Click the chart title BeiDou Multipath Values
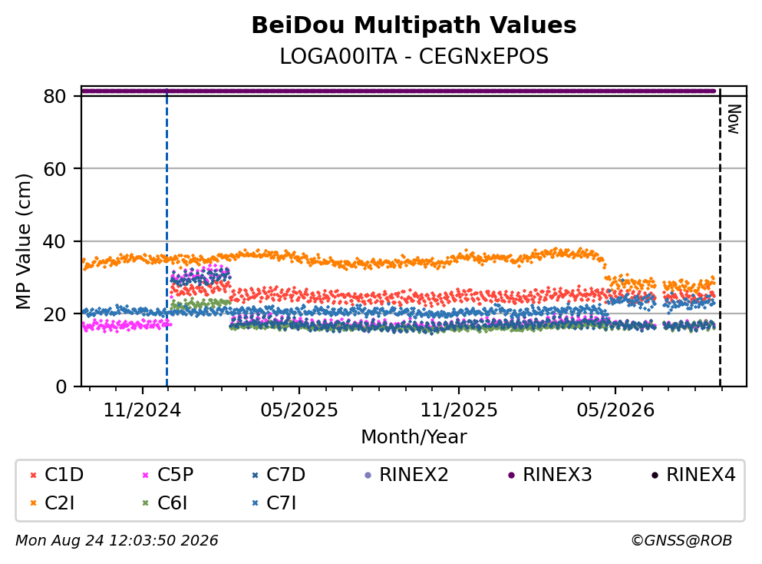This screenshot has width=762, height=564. click(414, 25)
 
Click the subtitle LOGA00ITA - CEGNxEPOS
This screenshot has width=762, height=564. click(414, 56)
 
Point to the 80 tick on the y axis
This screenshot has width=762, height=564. click(55, 96)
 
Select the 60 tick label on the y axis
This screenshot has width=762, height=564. click(55, 169)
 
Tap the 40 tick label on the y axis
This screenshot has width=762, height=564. click(55, 241)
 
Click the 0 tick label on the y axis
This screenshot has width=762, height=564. click(61, 387)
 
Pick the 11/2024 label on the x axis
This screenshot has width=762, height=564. click(142, 410)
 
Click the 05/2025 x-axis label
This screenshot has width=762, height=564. click(299, 410)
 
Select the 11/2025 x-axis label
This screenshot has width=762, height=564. click(459, 410)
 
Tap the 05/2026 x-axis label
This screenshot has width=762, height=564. click(615, 410)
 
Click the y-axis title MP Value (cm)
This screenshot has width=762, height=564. click(23, 241)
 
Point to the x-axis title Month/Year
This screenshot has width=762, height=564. click(414, 436)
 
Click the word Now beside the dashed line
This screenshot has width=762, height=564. click(734, 119)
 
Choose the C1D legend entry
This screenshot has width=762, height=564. click(57, 474)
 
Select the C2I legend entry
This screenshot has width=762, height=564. click(52, 503)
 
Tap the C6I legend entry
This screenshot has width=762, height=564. click(164, 503)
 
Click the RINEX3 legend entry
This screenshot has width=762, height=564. click(549, 474)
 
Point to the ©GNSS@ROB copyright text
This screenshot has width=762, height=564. click(681, 540)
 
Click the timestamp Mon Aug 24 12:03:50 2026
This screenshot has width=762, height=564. click(117, 540)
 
